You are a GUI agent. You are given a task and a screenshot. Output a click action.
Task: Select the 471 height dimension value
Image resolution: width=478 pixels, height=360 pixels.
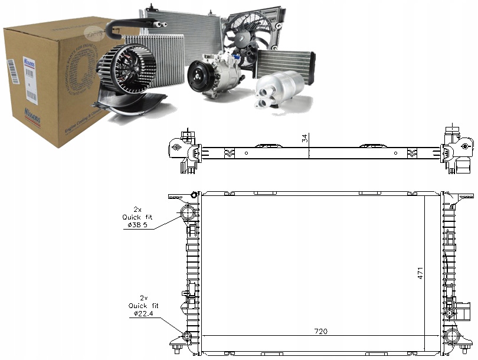[421, 274]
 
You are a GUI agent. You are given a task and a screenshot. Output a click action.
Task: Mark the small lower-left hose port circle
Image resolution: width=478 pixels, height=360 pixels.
[188, 337]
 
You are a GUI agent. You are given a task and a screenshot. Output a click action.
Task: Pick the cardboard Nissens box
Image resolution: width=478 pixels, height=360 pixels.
[53, 77]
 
